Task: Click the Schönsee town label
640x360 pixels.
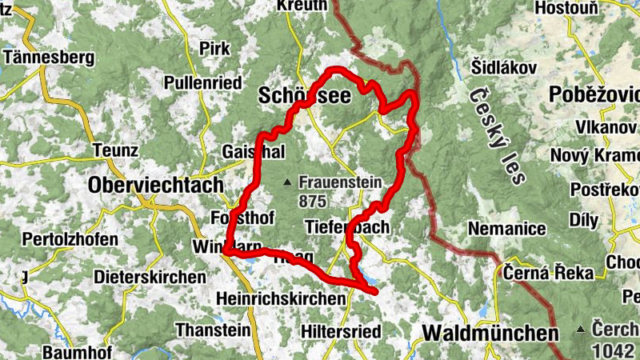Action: tap(305, 97)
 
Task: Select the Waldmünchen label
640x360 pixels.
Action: tap(490, 332)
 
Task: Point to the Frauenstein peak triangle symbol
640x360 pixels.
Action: tap(287, 183)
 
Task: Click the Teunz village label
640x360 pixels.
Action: tap(115, 150)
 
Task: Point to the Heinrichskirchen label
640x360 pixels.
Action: tap(282, 298)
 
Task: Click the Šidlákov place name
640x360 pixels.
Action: tap(502, 68)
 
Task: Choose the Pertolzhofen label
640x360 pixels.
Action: tap(70, 238)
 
